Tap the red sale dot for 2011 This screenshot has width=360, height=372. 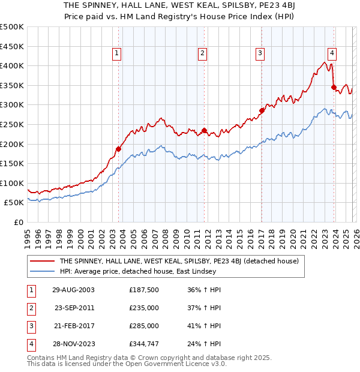[204, 130]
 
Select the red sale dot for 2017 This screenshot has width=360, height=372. [262, 110]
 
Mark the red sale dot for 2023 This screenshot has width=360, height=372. [334, 87]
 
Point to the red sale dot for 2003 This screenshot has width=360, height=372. [118, 149]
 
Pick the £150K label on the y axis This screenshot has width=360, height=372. [12, 163]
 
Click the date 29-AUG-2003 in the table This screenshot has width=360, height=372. [73, 290]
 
